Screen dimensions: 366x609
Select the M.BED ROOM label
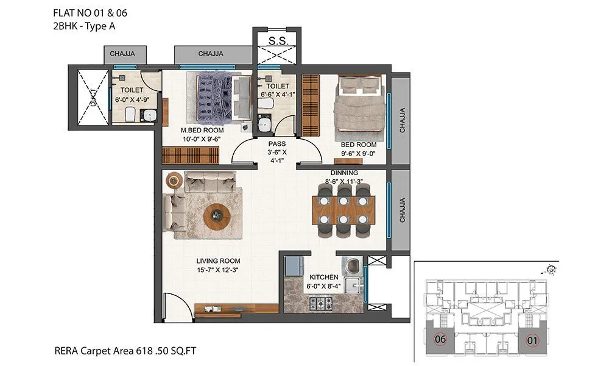(202, 130)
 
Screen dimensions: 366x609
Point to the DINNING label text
(344, 173)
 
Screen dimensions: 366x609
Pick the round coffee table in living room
(217, 215)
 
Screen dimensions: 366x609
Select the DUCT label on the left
(93, 98)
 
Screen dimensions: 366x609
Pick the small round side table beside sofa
(174, 179)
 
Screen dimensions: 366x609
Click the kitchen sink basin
(351, 284)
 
